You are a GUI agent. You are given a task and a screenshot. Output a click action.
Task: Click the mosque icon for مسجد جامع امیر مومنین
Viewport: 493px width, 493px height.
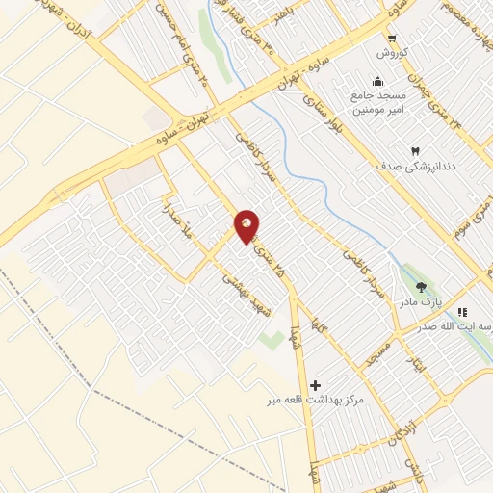(x=376, y=81)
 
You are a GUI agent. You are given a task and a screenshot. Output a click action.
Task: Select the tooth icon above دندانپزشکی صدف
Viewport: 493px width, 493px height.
(x=416, y=151)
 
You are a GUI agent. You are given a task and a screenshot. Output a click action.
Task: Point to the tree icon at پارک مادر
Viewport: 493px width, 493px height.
(x=420, y=286)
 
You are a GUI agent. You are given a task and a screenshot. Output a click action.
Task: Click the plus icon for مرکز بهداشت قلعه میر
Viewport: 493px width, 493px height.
(x=316, y=384)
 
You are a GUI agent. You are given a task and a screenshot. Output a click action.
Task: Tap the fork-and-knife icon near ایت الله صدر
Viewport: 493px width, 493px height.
(x=462, y=312)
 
